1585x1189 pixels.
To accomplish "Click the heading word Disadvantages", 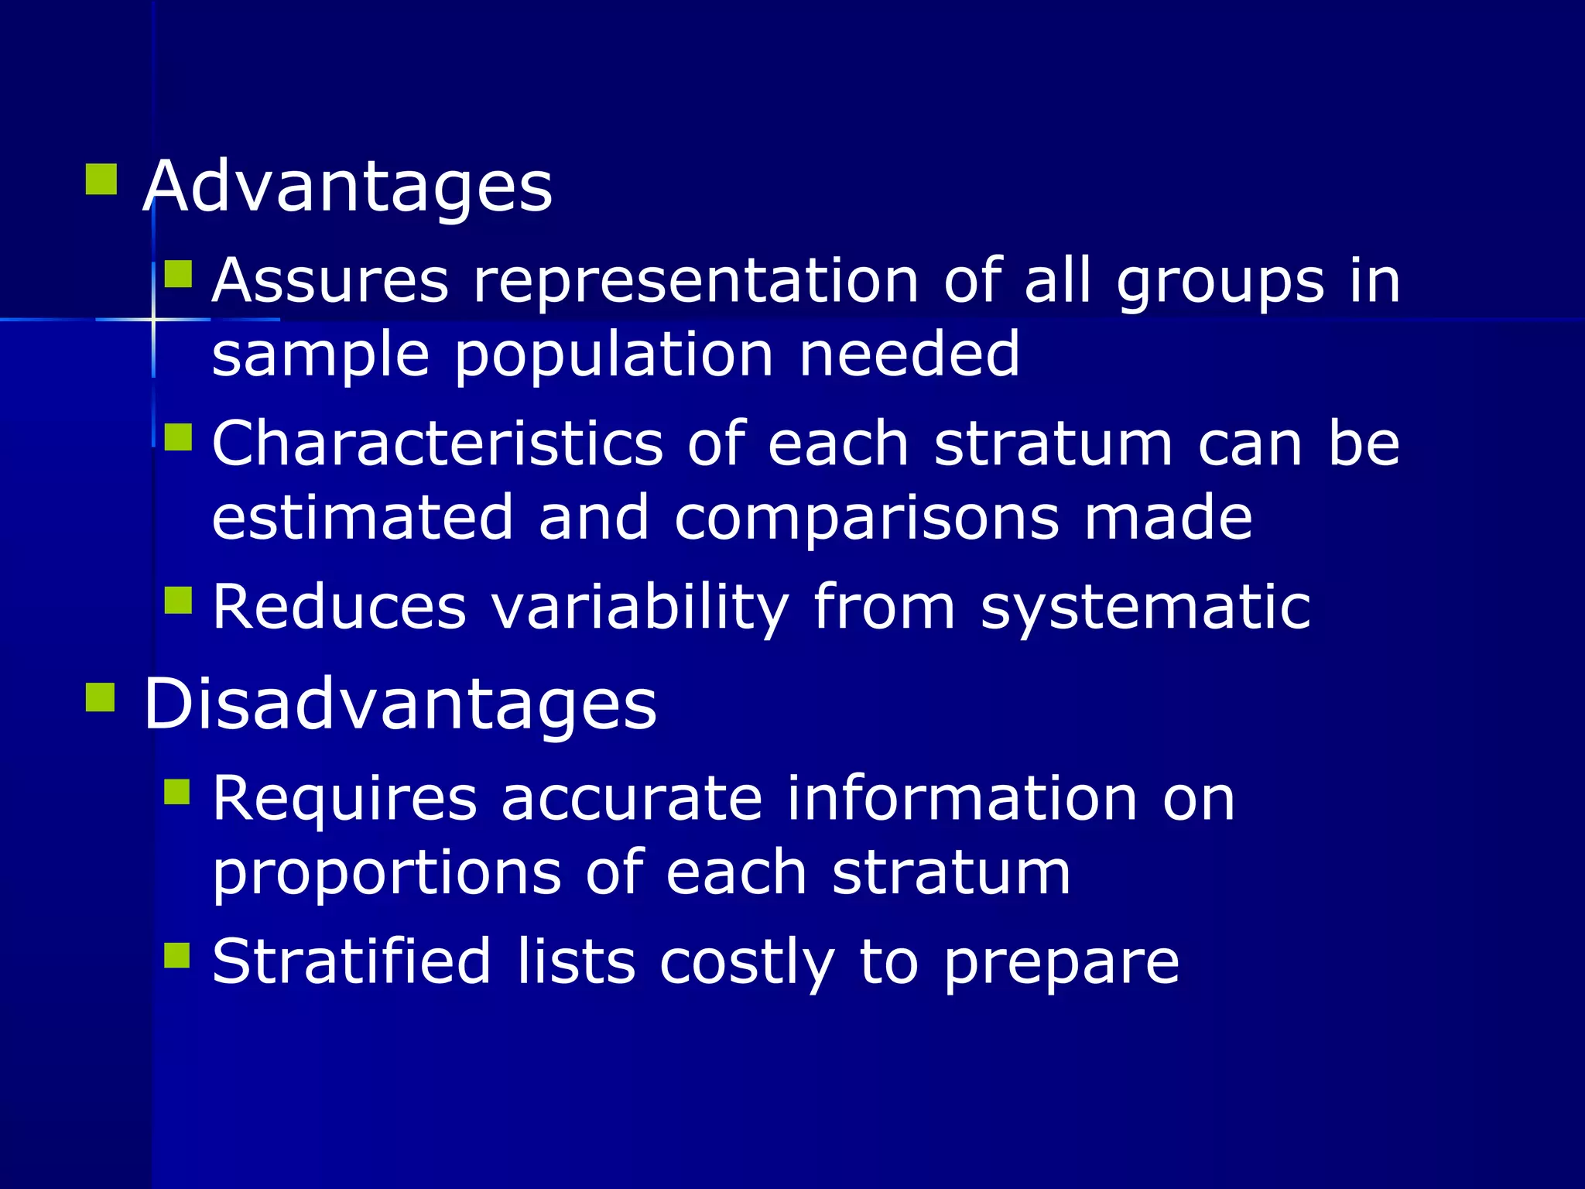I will point(399,704).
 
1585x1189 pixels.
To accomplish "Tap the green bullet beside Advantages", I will point(101,179).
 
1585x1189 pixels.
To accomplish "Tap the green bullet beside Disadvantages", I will point(101,696).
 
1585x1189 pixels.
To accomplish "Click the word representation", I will point(696,281).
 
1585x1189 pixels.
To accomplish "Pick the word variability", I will point(640,608).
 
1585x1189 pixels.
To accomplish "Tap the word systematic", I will point(1145,608).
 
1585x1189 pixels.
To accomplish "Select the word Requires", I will point(345,799).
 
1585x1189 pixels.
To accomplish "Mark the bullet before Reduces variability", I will point(179,600).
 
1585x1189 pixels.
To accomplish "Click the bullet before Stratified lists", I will point(177,955).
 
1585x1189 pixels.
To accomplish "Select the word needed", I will point(909,355).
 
